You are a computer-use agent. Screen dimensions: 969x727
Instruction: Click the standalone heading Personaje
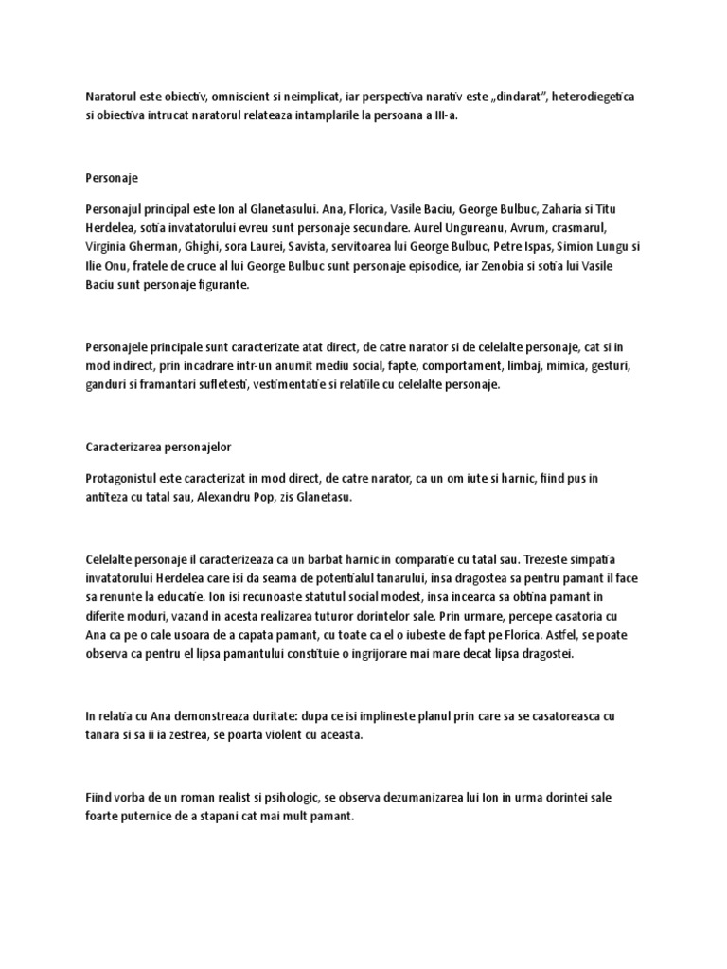[x=112, y=176]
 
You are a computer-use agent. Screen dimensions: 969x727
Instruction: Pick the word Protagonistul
[x=124, y=479]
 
